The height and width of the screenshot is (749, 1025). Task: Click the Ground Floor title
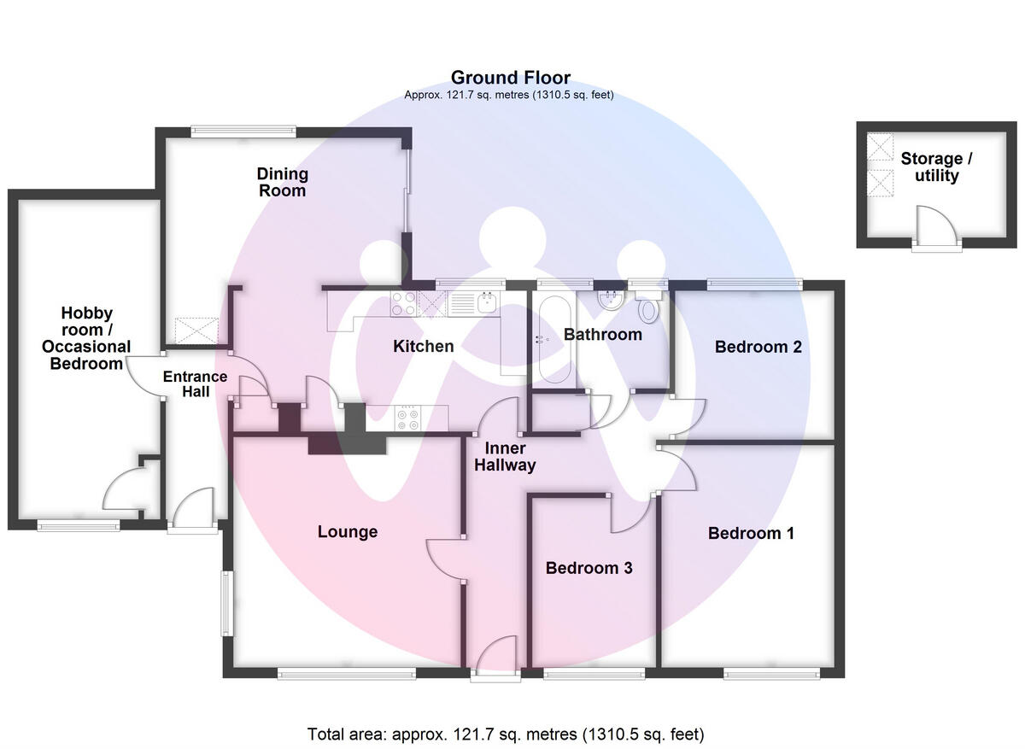click(510, 79)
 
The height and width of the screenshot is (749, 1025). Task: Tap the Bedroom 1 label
click(751, 533)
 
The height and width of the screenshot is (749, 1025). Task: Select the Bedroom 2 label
click(758, 347)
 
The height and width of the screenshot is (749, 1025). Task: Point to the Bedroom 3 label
click(589, 568)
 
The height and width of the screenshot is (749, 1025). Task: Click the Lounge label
click(347, 531)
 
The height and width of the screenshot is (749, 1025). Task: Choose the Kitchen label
click(423, 346)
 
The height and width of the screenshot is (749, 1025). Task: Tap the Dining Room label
click(282, 182)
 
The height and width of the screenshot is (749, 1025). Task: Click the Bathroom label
click(602, 334)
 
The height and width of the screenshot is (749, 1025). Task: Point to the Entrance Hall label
click(195, 384)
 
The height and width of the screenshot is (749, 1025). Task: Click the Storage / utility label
click(936, 167)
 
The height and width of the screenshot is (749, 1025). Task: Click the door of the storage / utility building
click(927, 229)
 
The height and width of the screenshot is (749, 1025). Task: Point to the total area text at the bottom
click(506, 734)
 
